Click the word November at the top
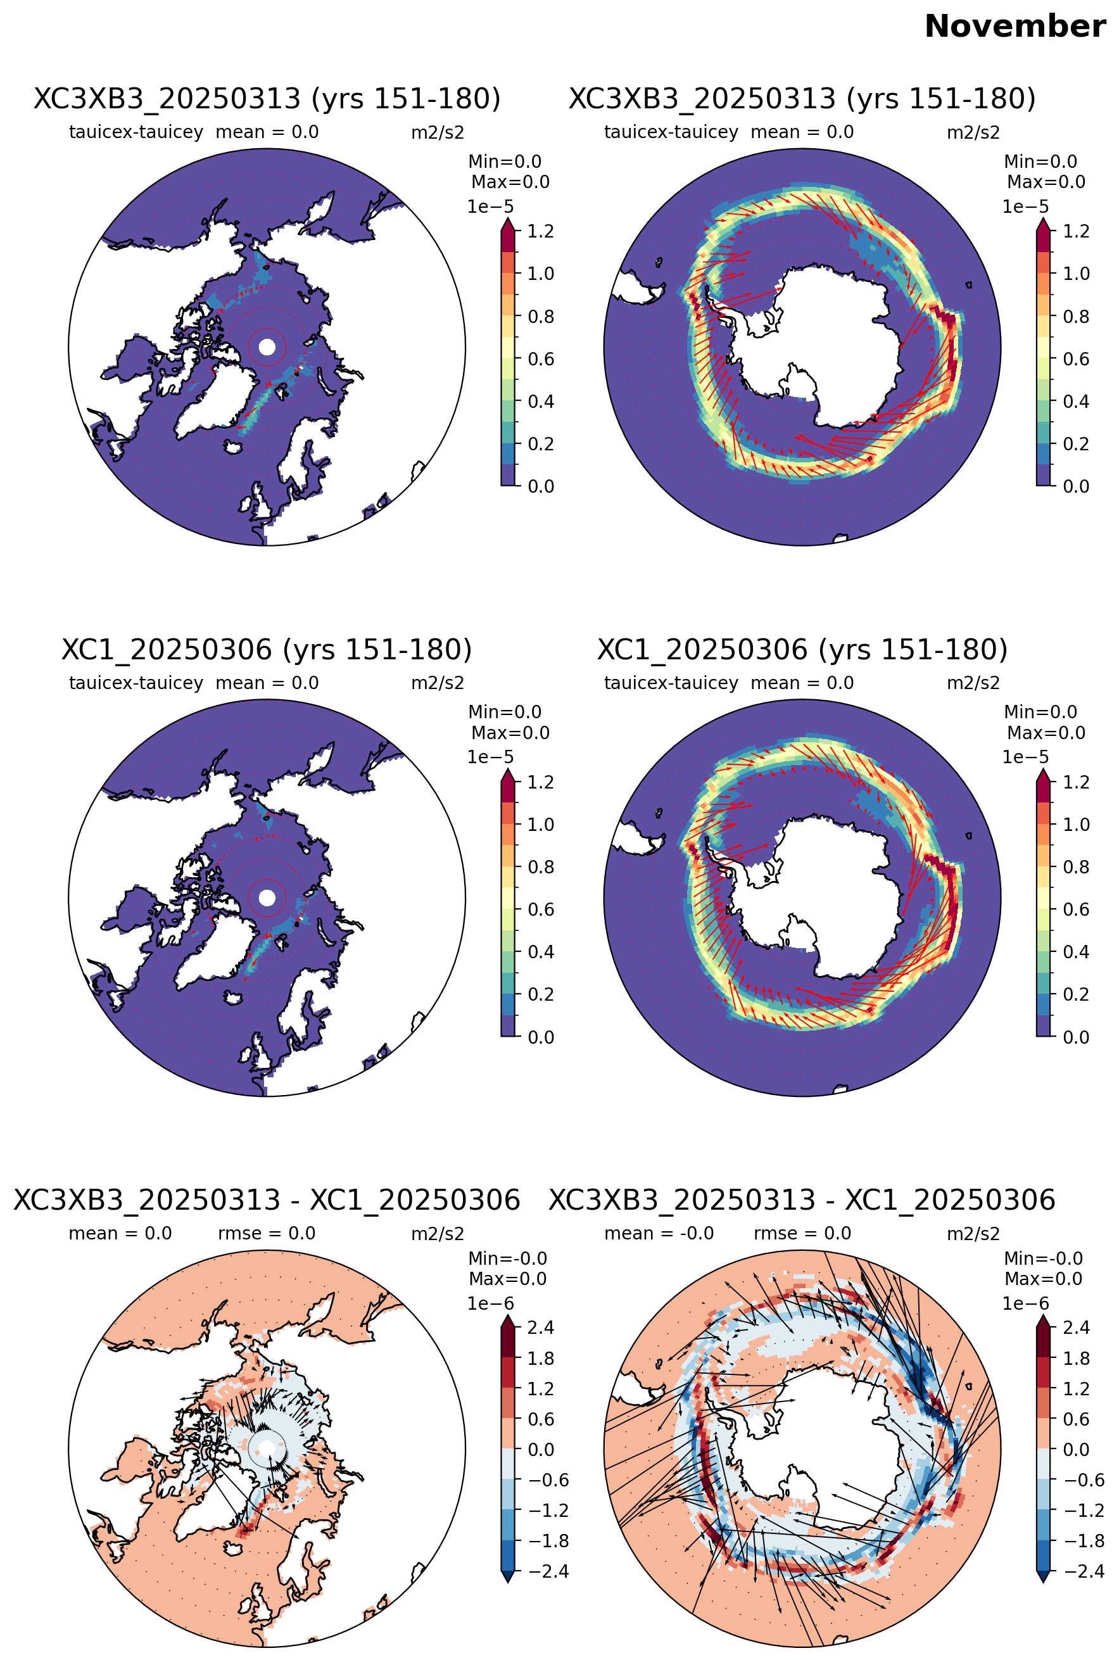(1015, 27)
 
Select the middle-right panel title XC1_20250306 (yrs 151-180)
(802, 649)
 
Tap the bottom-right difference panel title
(802, 1200)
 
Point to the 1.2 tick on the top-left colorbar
(540, 231)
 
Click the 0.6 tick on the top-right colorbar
(1076, 359)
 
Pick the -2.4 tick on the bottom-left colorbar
(548, 1571)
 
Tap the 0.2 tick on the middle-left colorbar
(540, 994)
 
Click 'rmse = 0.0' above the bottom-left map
(267, 1233)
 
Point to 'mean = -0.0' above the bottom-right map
(659, 1233)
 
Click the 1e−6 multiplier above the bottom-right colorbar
(1025, 1303)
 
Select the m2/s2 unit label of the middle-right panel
(973, 683)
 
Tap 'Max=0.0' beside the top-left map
(510, 182)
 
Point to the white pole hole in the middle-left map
(267, 897)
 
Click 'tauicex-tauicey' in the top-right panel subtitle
(671, 132)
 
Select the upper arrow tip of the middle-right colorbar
(1044, 770)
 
